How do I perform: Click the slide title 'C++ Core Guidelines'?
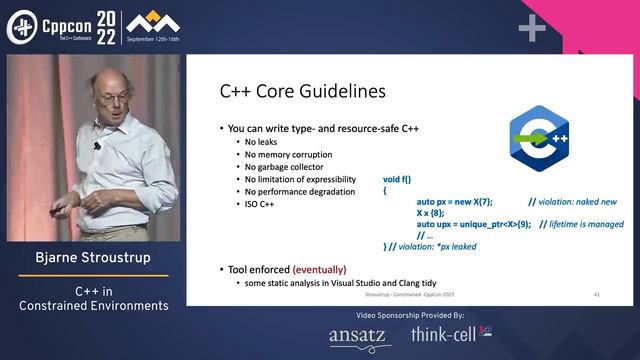click(x=303, y=92)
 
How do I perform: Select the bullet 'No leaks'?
click(x=263, y=141)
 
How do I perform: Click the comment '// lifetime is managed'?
click(x=582, y=224)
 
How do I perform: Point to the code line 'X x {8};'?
click(x=432, y=212)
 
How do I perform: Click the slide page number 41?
click(x=596, y=296)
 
